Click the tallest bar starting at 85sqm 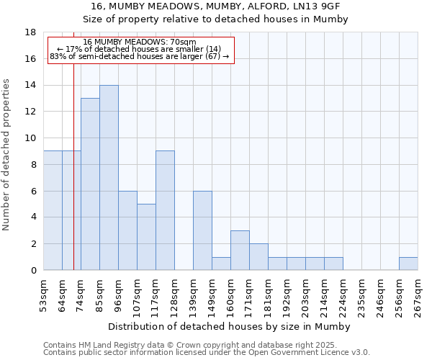pos(109,178)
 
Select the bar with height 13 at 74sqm pos(90,184)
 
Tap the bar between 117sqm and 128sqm pos(165,210)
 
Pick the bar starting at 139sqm pos(202,230)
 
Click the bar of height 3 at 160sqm pos(240,251)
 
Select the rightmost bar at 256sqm pos(408,264)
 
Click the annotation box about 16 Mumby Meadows pos(140,49)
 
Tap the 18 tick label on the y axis pos(30,32)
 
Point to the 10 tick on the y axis pos(30,138)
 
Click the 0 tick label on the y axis pos(33,271)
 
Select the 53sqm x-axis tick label pos(44,294)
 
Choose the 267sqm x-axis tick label pos(418,294)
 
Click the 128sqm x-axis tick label pos(175,294)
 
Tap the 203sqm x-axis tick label pos(306,294)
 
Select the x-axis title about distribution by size pos(230,326)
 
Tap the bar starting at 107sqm pos(146,237)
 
